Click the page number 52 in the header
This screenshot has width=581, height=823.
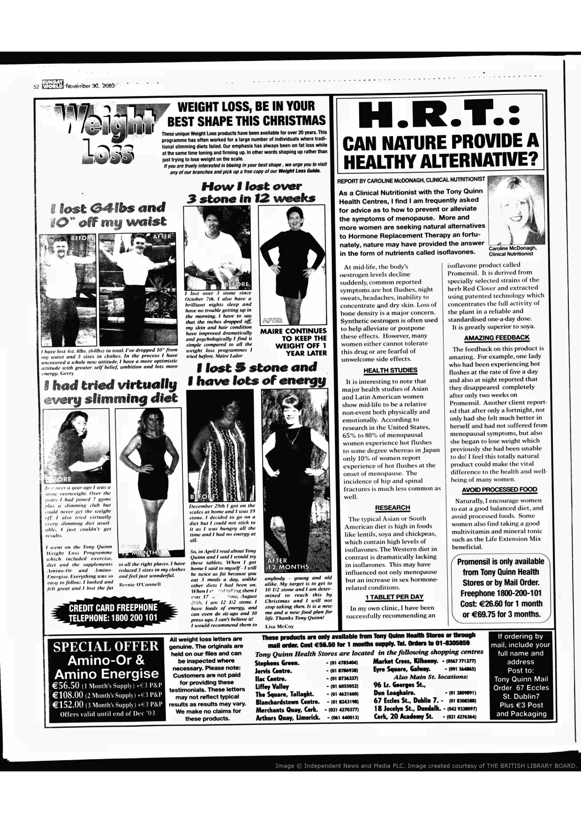click(36, 86)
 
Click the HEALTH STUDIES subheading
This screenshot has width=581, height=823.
click(390, 371)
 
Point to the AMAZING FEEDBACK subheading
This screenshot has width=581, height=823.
click(497, 337)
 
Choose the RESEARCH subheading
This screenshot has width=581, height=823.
click(392, 508)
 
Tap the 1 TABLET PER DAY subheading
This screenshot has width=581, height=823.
click(394, 597)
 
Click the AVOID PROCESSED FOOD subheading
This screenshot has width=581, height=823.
click(499, 489)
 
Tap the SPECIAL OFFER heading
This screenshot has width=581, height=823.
click(106, 647)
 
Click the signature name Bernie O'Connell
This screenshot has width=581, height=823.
click(140, 584)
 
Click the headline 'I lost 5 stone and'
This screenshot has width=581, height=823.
click(257, 367)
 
